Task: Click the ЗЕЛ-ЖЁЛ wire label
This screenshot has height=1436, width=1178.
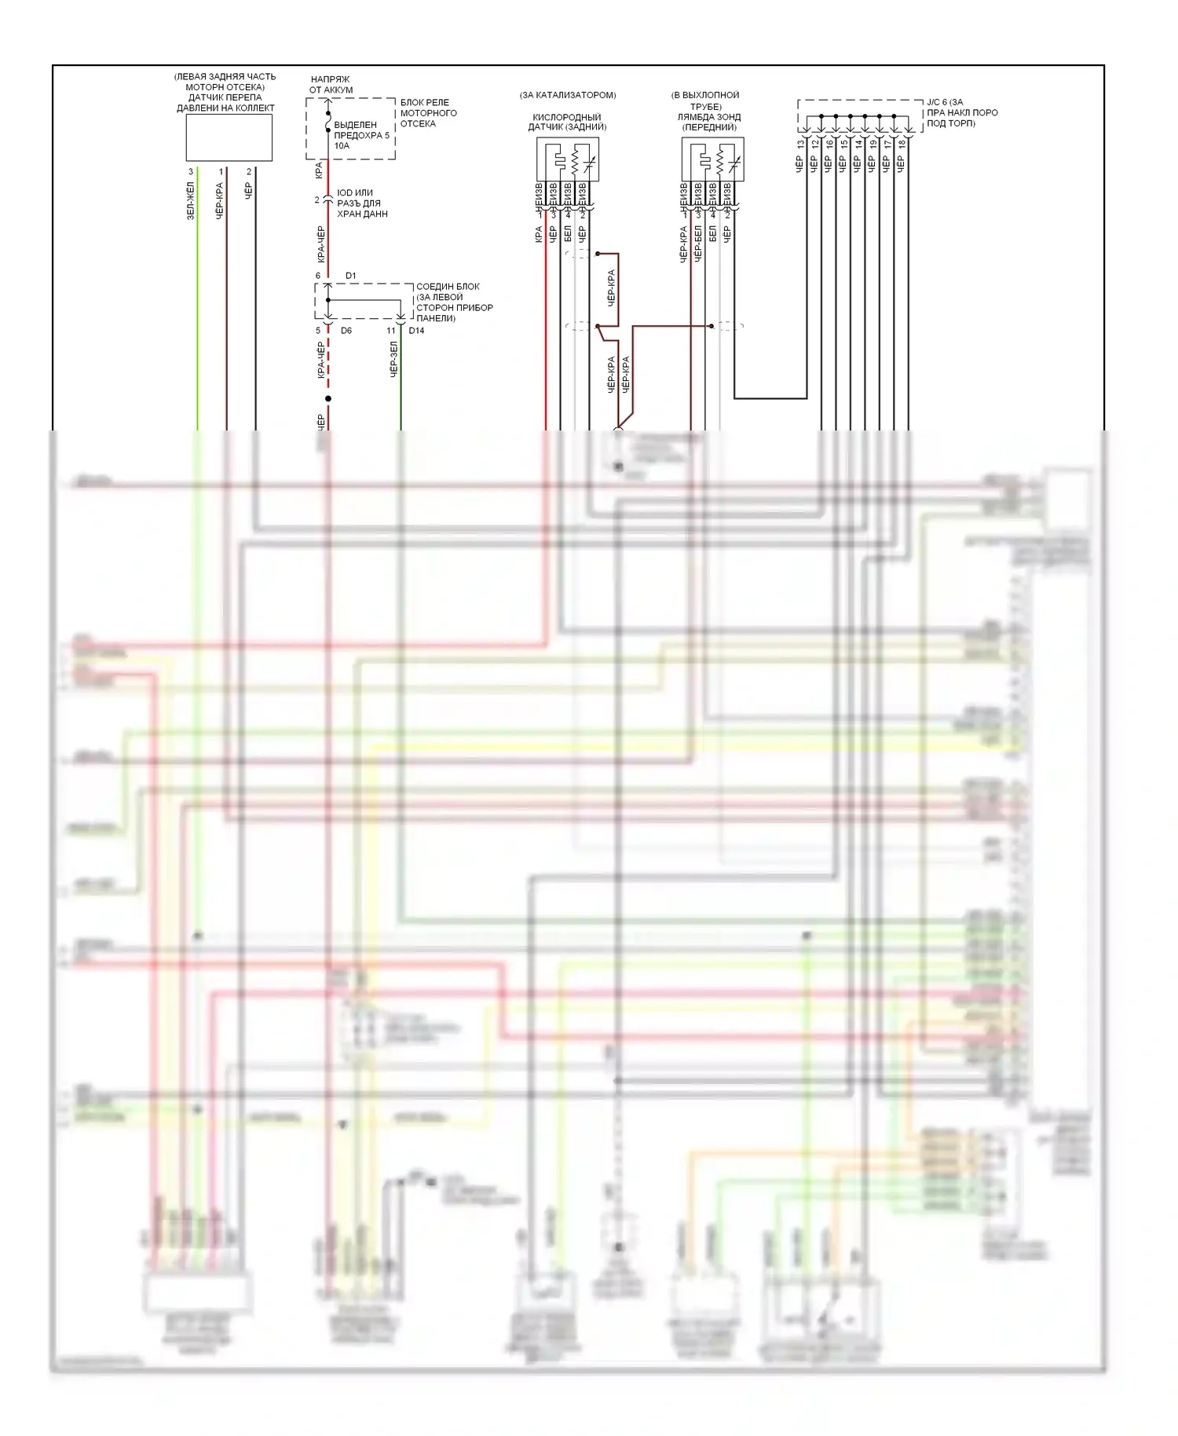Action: coord(190,200)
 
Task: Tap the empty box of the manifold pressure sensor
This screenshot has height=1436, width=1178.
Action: coord(229,137)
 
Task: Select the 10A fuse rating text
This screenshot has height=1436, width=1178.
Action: coord(342,146)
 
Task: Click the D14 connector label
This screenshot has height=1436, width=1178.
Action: coord(416,331)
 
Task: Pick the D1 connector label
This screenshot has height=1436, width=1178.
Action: coord(350,276)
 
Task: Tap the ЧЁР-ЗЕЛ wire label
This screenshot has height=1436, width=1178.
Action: coord(393,359)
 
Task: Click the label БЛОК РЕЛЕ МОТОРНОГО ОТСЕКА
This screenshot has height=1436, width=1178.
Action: coord(428,113)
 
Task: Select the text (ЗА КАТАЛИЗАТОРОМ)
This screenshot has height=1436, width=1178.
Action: coord(568,95)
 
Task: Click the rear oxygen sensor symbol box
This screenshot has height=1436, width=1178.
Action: coord(568,159)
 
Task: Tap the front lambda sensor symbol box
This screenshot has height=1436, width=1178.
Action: coord(712,159)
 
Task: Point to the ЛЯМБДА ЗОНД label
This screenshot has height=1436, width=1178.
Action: coord(708,117)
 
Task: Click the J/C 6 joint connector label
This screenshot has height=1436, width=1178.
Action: coord(961,113)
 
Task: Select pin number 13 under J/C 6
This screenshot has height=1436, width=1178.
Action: coord(800,145)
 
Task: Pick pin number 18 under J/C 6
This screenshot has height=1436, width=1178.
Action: coord(902,145)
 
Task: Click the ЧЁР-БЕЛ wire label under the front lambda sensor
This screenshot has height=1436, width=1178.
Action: coord(697,243)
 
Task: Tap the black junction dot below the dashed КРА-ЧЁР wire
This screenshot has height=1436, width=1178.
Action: coord(328,399)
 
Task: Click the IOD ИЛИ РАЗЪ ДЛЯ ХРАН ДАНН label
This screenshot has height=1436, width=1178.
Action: coord(362,203)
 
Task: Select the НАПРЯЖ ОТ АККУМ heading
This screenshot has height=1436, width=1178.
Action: coord(331,84)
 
